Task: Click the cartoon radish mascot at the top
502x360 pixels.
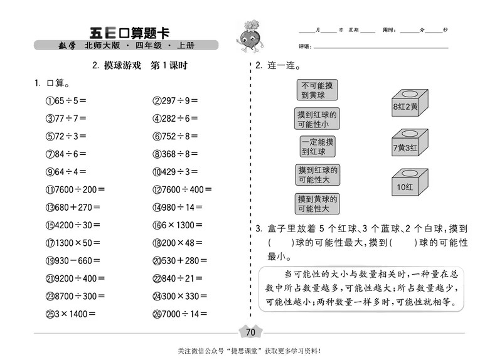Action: click(247, 36)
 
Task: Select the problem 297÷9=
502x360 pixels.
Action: click(175, 100)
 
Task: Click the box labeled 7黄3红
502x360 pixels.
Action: click(409, 144)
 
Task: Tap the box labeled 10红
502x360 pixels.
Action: click(409, 183)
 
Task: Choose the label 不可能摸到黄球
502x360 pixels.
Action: click(317, 90)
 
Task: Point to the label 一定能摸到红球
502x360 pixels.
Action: click(317, 146)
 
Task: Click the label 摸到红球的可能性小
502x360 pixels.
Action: click(317, 119)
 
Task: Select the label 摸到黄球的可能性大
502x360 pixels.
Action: click(317, 203)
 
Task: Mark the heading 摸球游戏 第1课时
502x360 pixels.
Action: click(140, 65)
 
